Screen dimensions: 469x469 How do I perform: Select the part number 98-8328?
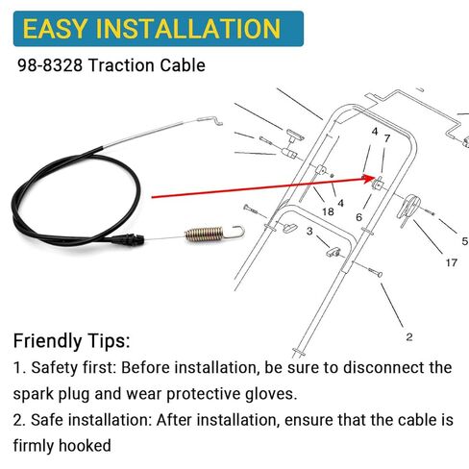(x=52, y=67)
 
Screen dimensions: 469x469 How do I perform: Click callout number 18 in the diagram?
(x=328, y=211)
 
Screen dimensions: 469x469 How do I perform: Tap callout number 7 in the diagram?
(x=386, y=140)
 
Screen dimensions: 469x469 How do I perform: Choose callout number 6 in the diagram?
(x=358, y=217)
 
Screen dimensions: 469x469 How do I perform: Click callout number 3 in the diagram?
(x=309, y=232)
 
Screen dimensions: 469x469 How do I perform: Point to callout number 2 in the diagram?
(x=408, y=336)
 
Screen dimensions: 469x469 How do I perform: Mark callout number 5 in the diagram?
(x=464, y=242)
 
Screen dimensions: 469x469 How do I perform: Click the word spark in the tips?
(x=35, y=394)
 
